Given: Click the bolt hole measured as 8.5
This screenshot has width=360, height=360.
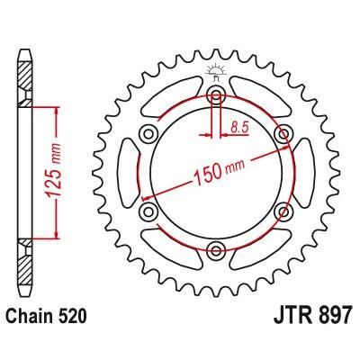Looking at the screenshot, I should [x=216, y=95].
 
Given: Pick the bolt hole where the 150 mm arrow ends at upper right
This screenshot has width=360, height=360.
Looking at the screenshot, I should [x=283, y=134].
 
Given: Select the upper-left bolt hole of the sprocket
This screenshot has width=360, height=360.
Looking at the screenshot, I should [x=149, y=134].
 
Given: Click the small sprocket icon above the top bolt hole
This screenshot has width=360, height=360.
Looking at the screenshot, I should [x=216, y=71].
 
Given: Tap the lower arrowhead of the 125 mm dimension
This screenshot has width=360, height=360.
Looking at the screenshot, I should [x=58, y=236].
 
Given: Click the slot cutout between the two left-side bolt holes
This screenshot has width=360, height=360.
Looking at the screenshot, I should [x=136, y=173].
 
